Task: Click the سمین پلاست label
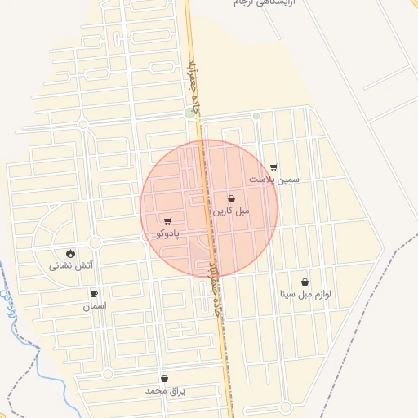pyautogui.click(x=274, y=179)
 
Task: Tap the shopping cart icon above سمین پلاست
pyautogui.click(x=273, y=167)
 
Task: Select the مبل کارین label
pyautogui.click(x=231, y=211)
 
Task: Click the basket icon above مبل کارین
pyautogui.click(x=231, y=199)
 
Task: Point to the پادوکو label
pyautogui.click(x=167, y=233)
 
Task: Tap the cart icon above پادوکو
pyautogui.click(x=167, y=221)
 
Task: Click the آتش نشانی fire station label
pyautogui.click(x=71, y=265)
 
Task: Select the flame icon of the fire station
pyautogui.click(x=71, y=253)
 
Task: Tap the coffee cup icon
pyautogui.click(x=94, y=294)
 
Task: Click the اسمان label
pyautogui.click(x=94, y=306)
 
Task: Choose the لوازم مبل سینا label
pyautogui.click(x=305, y=294)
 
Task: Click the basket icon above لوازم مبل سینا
pyautogui.click(x=305, y=282)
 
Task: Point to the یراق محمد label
pyautogui.click(x=165, y=391)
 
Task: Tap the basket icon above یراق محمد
pyautogui.click(x=165, y=379)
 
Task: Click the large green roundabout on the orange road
pyautogui.click(x=190, y=113)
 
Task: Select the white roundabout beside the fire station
pyautogui.click(x=95, y=242)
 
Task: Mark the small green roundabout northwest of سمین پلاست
pyautogui.click(x=256, y=116)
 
